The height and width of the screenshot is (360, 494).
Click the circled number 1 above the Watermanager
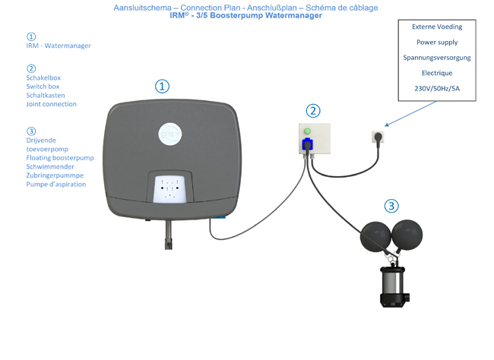tap(162, 86)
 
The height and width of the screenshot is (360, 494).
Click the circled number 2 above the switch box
tap(313, 111)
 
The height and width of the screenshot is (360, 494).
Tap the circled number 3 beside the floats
tap(391, 206)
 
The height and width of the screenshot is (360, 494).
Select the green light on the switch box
tap(308, 131)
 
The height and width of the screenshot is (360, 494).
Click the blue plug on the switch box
tap(309, 144)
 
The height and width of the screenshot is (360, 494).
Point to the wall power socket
tap(378, 136)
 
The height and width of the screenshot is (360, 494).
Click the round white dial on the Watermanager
tap(170, 134)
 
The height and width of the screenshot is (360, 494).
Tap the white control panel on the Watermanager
tap(170, 188)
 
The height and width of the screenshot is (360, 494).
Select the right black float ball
tap(407, 234)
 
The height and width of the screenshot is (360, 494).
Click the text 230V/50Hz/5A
tap(436, 89)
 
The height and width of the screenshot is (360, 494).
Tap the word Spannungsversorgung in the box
tap(436, 58)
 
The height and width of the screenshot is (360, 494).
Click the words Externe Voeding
tap(436, 27)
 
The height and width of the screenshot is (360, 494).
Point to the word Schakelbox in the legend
tap(43, 77)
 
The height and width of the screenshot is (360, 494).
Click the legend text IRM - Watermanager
tap(59, 46)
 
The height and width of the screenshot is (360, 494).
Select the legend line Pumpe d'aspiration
tap(56, 184)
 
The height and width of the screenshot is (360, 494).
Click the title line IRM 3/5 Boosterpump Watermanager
tap(245, 15)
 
